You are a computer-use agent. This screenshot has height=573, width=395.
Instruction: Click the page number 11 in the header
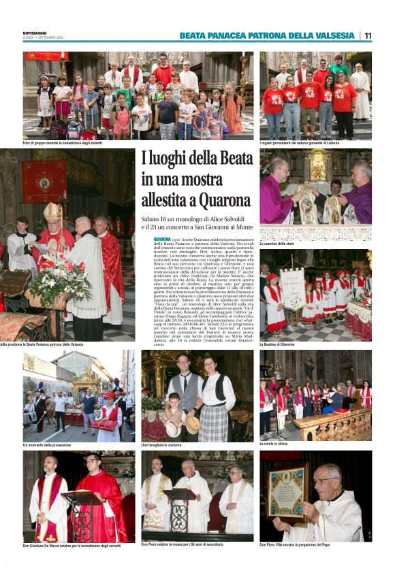tap(368, 35)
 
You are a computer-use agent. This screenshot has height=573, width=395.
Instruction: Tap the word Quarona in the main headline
tap(217, 201)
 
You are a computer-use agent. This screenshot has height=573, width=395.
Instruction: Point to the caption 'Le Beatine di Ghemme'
tap(278, 344)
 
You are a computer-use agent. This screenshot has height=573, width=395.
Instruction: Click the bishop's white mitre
tap(52, 212)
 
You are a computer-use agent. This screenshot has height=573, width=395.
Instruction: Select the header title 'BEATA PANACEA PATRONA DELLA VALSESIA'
tap(267, 35)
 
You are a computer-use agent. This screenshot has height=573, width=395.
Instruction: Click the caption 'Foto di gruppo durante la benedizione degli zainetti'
tap(65, 143)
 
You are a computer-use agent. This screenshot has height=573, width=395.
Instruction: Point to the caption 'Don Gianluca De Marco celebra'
tap(72, 545)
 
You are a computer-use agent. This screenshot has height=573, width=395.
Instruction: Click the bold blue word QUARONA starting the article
tap(162, 240)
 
